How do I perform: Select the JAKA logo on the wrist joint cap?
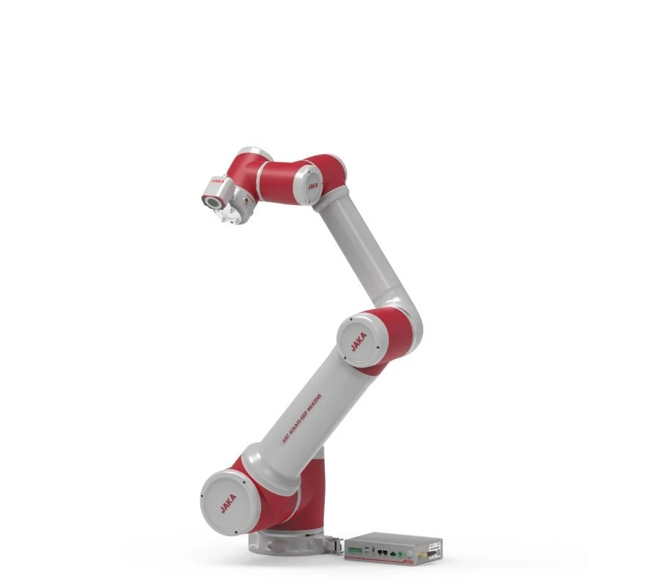pyautogui.click(x=312, y=183)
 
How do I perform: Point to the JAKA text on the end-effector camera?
pyautogui.click(x=217, y=179)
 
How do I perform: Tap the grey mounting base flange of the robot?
pyautogui.click(x=286, y=544)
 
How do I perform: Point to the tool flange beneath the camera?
pyautogui.click(x=232, y=213)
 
